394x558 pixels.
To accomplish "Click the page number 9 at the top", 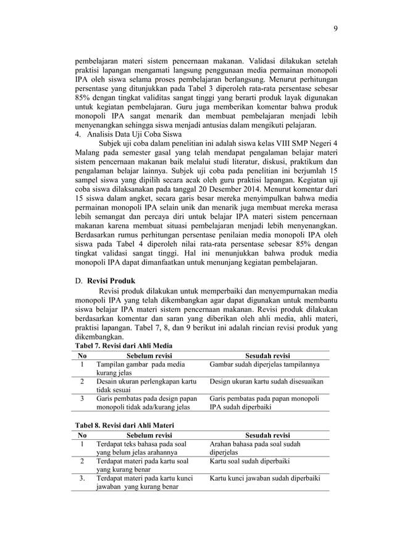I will coord(335,28).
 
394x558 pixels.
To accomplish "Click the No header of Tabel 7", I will coord(83,355).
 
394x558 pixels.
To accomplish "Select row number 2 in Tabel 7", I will coord(83,382).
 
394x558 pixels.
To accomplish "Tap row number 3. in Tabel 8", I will coord(83,478).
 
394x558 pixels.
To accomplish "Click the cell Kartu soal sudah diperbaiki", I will coord(250,461).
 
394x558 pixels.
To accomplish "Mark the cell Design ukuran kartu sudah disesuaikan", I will coord(267,382).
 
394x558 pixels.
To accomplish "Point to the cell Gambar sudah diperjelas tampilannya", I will coord(264,365).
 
